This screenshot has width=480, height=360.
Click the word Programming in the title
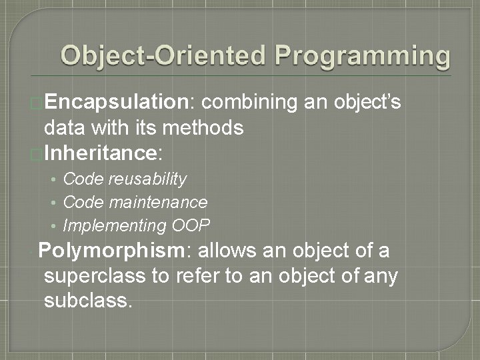click(x=363, y=56)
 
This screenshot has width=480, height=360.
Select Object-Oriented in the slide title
click(x=163, y=56)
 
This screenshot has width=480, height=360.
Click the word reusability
click(x=148, y=179)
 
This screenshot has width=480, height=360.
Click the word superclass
click(x=97, y=276)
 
